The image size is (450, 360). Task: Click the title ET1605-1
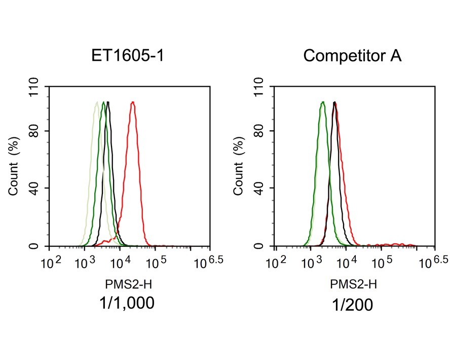pyautogui.click(x=127, y=55)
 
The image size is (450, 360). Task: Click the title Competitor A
pyautogui.click(x=352, y=55)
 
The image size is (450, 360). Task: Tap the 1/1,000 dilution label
pyautogui.click(x=127, y=303)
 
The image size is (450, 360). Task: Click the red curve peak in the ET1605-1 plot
pyautogui.click(x=133, y=103)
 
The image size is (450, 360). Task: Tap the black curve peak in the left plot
pyautogui.click(x=108, y=103)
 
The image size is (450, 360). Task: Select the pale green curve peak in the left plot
pyautogui.click(x=96, y=103)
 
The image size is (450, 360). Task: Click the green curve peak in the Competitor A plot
pyautogui.click(x=323, y=103)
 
